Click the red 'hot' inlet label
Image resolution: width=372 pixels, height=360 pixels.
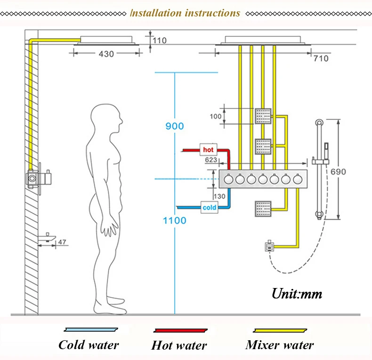pos(208,150)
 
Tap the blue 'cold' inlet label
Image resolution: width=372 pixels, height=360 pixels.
pos(209,208)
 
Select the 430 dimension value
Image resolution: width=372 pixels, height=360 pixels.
pos(106,54)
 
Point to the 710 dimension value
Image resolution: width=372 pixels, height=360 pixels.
pos(321,58)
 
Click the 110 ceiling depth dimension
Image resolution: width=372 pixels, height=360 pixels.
pos(160,40)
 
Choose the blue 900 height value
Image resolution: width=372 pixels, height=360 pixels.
pos(175,126)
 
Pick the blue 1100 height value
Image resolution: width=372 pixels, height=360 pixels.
pos(175,221)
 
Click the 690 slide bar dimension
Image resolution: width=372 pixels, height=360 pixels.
pos(338,171)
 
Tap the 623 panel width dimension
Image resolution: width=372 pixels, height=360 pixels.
pos(211,160)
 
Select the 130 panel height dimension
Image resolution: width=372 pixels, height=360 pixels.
pos(219,196)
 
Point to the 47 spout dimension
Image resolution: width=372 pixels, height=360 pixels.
pos(62,242)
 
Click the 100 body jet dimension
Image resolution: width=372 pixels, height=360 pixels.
pos(215,116)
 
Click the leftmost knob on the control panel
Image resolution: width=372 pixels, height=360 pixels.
pos(228,179)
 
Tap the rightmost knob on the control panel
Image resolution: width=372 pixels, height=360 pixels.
pos(297,179)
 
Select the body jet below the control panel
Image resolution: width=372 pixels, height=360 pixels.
pos(263,209)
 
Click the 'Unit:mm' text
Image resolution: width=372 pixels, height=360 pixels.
pos(297,294)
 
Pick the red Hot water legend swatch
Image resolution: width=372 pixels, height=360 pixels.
pos(180,330)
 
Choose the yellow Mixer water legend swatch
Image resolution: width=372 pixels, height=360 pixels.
pos(280,330)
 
